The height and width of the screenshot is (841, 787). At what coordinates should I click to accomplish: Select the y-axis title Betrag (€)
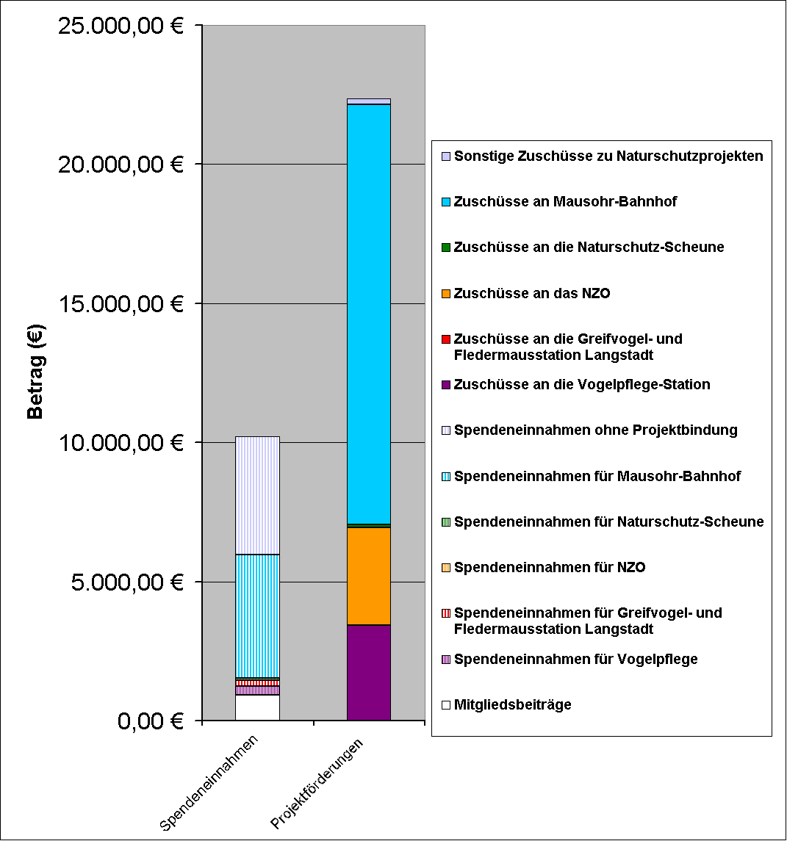(x=35, y=372)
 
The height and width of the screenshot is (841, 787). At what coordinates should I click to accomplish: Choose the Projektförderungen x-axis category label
(x=319, y=784)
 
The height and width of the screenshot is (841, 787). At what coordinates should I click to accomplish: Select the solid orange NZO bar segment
(x=368, y=576)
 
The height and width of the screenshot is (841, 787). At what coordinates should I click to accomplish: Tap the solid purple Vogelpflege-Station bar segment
(x=368, y=672)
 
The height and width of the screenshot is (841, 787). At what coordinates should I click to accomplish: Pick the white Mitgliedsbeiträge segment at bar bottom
(x=256, y=707)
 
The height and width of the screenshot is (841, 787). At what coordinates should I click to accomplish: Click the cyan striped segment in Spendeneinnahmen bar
(x=256, y=616)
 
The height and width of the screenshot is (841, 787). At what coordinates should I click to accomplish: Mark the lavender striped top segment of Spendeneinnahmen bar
(x=256, y=495)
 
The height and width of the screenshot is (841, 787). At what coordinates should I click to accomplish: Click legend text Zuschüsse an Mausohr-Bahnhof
(x=565, y=201)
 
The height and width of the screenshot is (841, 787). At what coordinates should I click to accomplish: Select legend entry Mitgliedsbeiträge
(x=512, y=705)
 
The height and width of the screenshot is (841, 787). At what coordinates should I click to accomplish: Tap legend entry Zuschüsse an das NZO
(x=532, y=293)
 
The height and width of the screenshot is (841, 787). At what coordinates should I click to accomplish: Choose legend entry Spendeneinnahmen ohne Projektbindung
(x=595, y=430)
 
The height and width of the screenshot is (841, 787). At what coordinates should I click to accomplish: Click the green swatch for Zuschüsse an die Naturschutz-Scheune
(x=445, y=248)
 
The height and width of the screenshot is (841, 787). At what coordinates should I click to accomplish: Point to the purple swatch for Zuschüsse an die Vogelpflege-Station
(x=445, y=385)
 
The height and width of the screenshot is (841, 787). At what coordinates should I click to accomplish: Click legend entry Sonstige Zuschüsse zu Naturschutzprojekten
(x=608, y=156)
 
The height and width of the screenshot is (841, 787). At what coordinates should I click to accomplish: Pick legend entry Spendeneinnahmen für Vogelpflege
(x=575, y=659)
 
